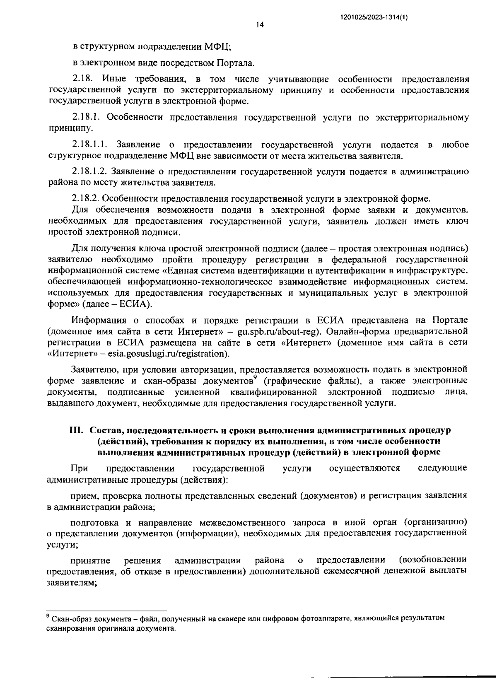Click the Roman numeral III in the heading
tap(76, 430)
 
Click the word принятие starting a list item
tap(90, 561)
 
